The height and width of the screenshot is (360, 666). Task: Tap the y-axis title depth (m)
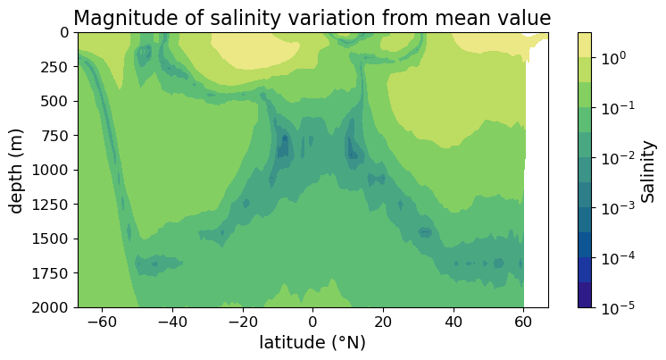tap(18, 170)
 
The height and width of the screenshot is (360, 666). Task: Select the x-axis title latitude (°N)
tap(312, 343)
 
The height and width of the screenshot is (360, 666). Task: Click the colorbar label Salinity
tap(649, 170)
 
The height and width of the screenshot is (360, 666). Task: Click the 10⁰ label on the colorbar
tap(612, 58)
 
